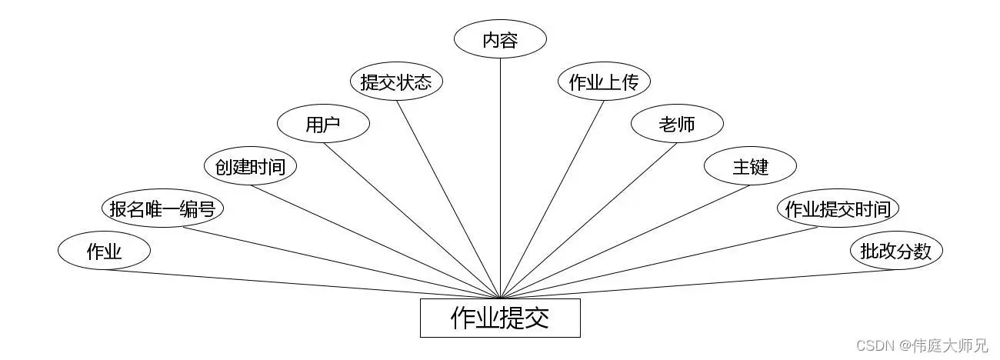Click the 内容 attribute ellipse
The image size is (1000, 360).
(500, 40)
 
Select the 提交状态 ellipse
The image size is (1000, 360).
(396, 82)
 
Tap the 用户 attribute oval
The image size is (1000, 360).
(323, 125)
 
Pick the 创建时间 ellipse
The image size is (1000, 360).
(250, 166)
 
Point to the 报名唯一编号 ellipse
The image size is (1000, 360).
(162, 208)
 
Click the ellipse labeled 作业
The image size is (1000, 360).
(104, 251)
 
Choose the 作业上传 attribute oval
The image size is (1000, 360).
(604, 82)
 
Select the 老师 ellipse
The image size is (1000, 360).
(677, 125)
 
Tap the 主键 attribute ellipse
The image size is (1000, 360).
(750, 166)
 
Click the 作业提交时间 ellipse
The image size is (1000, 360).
(838, 208)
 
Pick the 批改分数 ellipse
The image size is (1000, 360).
(896, 251)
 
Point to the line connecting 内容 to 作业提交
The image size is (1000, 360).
(500, 177)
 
